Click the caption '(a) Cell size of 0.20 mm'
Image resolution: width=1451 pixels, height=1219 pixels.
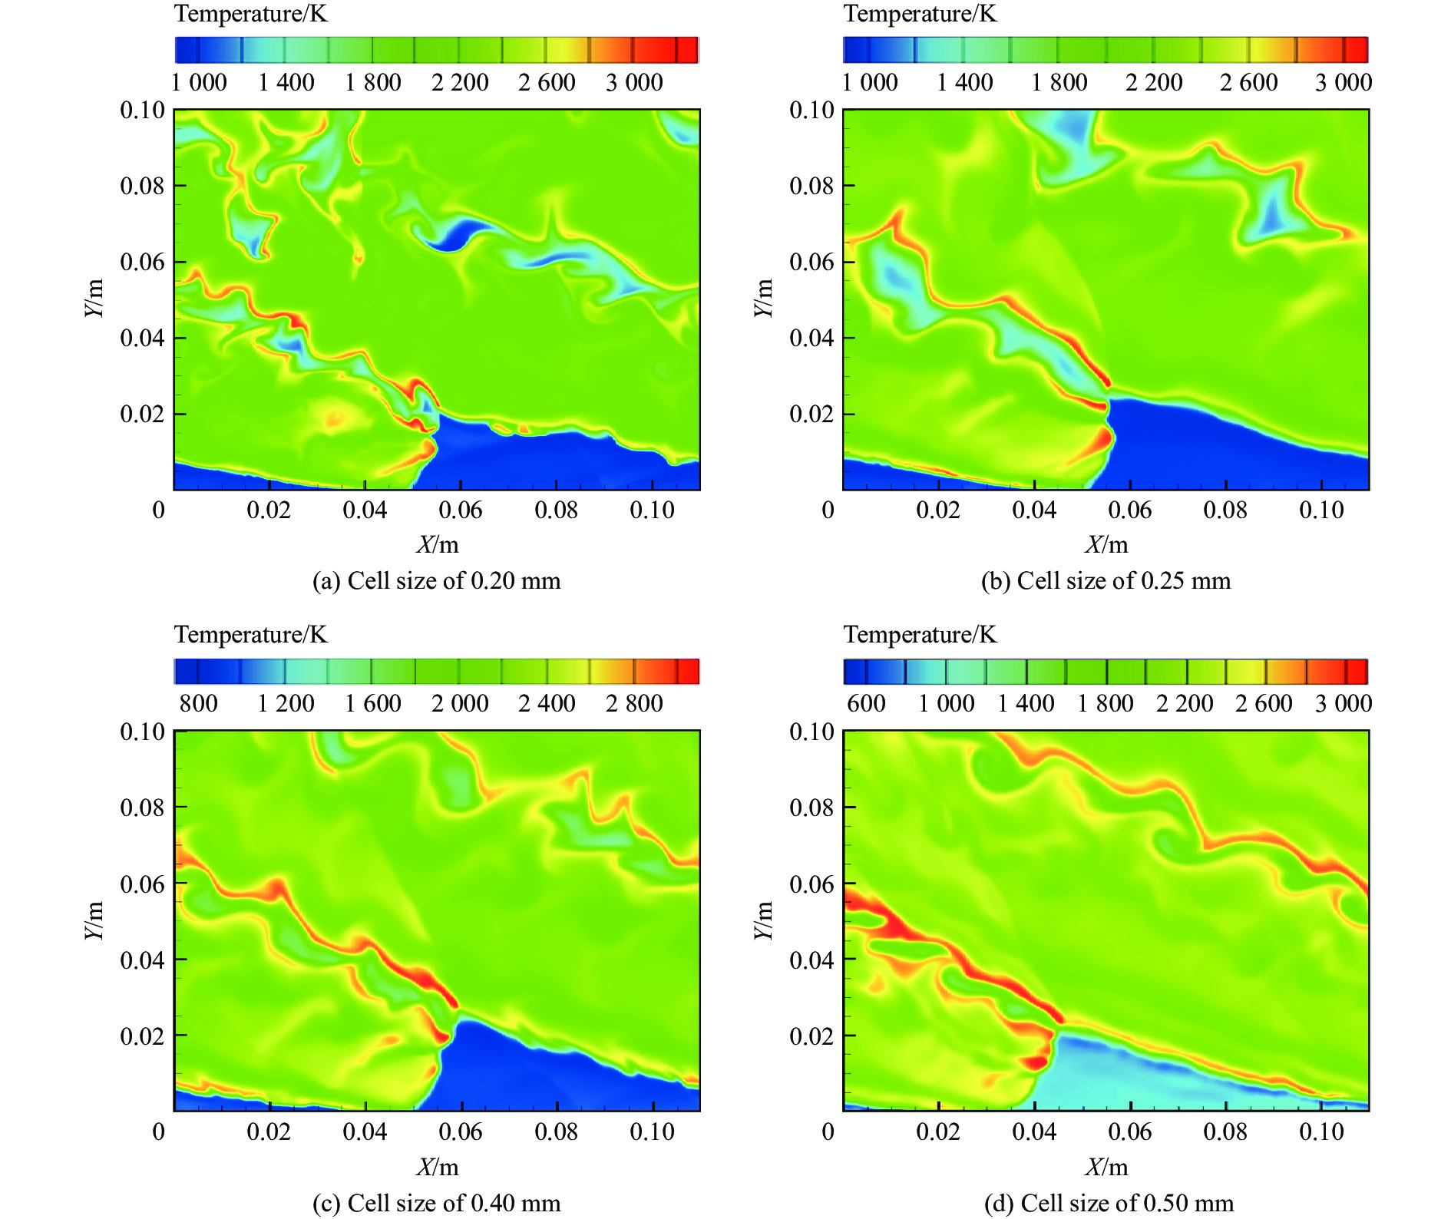436,581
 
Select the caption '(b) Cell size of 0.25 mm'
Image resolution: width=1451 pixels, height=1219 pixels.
1106,581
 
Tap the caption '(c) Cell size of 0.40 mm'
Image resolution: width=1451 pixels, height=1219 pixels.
436,1202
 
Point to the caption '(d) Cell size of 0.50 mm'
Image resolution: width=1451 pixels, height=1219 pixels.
1109,1202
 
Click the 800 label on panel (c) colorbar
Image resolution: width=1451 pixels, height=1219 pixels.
198,703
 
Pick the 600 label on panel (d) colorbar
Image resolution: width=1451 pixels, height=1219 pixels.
866,703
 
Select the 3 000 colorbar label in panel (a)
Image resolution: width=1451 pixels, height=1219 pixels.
633,82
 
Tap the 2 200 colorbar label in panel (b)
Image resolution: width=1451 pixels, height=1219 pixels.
1154,82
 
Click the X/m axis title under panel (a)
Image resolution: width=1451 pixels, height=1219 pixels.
438,545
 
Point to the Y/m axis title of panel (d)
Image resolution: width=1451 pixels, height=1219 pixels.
762,920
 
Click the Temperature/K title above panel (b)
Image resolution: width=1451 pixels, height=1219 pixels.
920,14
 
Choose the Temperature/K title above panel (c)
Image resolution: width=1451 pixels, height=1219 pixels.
250,635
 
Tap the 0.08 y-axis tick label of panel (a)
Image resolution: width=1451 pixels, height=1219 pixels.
142,186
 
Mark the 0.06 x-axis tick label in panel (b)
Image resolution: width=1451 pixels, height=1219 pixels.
1129,510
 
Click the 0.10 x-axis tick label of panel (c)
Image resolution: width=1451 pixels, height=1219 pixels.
652,1131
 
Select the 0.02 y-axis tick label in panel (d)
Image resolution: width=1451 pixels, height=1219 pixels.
811,1036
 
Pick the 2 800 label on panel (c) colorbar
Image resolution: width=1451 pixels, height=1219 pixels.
633,703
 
